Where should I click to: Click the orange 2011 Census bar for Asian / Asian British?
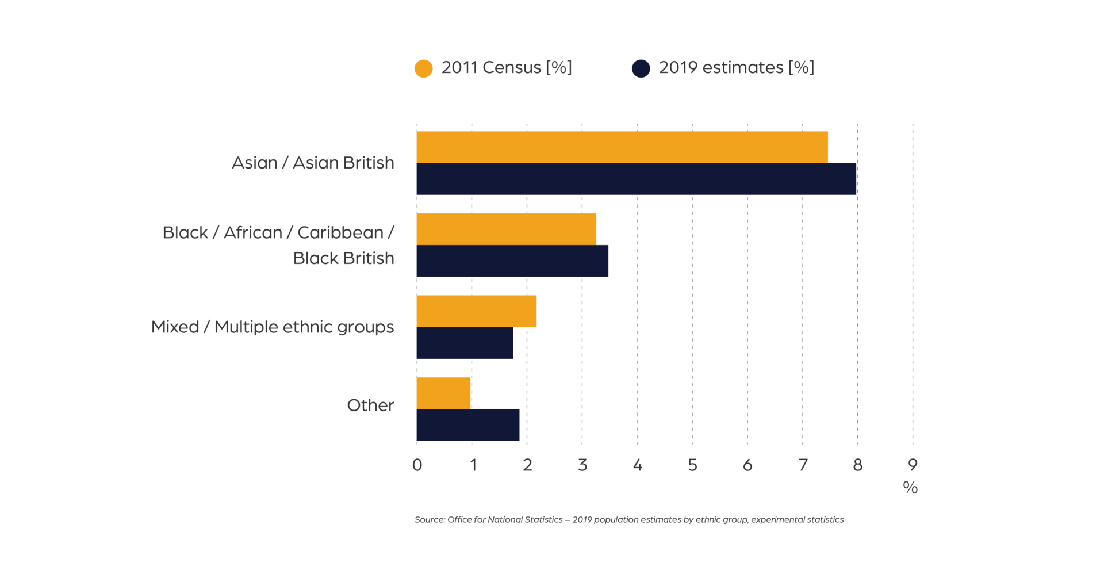(x=622, y=147)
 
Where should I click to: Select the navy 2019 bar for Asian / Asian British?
(x=637, y=179)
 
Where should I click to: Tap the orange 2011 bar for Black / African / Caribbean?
(x=506, y=229)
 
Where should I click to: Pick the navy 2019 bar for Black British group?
(x=512, y=261)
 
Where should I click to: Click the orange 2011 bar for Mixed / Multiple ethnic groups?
(x=476, y=311)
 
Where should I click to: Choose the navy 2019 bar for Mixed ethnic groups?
(x=465, y=343)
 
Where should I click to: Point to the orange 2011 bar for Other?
(x=443, y=393)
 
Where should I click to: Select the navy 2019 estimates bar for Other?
(x=467, y=425)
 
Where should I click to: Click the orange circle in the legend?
(x=423, y=68)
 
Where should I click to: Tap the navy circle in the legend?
(x=641, y=68)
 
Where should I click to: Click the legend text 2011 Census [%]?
(x=506, y=68)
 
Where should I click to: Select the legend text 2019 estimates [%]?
(x=736, y=68)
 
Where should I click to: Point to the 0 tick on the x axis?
(x=417, y=465)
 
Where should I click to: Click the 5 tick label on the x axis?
(x=692, y=465)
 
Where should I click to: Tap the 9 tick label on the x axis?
(x=913, y=465)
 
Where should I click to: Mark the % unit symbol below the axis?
(x=910, y=488)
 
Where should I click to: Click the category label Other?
(x=370, y=405)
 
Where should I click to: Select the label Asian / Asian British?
(x=313, y=163)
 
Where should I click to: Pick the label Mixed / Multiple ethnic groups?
(x=273, y=327)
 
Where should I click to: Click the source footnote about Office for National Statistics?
(x=629, y=520)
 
